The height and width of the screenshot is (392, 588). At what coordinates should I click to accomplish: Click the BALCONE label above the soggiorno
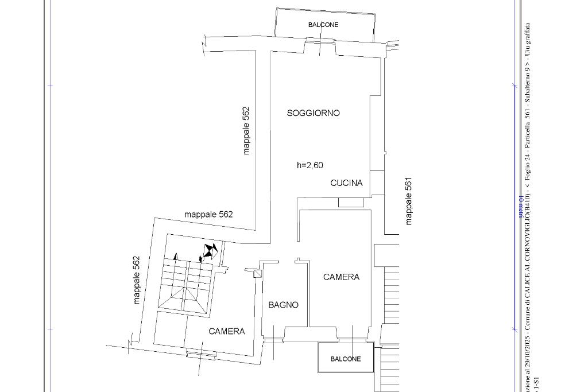(x=323, y=25)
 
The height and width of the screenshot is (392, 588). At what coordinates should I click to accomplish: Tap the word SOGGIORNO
(x=313, y=113)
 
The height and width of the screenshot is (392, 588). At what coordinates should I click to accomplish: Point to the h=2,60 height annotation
(x=310, y=165)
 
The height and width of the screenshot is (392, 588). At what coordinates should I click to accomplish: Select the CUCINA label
(x=346, y=183)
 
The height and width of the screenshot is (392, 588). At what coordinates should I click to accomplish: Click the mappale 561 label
(x=409, y=201)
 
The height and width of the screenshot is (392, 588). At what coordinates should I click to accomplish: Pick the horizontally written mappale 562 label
(x=208, y=215)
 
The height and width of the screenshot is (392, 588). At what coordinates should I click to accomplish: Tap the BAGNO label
(x=284, y=305)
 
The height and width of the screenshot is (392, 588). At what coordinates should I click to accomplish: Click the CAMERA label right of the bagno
(x=341, y=277)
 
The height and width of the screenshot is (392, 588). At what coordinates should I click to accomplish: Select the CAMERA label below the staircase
(x=226, y=331)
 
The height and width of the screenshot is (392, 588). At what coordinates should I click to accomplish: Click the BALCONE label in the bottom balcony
(x=346, y=359)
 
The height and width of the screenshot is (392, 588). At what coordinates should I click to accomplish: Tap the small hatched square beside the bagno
(x=258, y=274)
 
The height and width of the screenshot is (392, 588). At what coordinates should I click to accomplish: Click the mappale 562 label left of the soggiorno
(x=246, y=131)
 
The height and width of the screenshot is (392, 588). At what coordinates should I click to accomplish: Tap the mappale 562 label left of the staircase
(x=137, y=280)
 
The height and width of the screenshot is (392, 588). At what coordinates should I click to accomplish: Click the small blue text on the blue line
(x=521, y=207)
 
